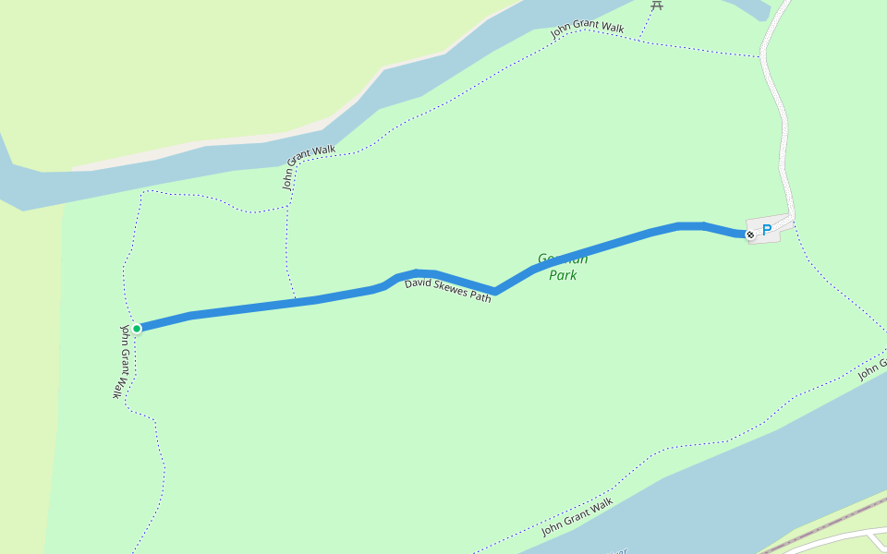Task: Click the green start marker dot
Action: coord(137,328)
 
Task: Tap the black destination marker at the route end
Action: coord(750,235)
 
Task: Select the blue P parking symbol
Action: coord(766,230)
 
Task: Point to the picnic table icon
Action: coord(657,5)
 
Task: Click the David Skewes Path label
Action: coord(447,290)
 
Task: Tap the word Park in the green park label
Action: coord(563,275)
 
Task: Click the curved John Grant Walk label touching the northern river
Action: coord(308,165)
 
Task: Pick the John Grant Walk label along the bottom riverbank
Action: coord(577,517)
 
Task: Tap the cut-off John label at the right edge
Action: coord(871,369)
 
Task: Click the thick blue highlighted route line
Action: coord(601,247)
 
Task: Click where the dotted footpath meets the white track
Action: coord(762,56)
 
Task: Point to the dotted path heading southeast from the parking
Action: coord(832,277)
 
